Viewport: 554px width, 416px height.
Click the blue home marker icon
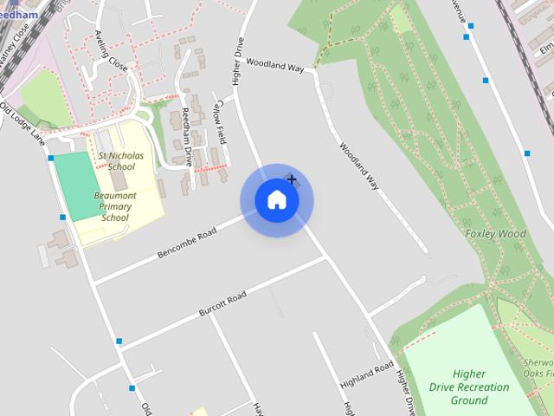[x=276, y=200]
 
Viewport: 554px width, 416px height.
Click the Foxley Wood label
[x=495, y=234]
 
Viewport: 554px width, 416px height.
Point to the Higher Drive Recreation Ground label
[x=469, y=387]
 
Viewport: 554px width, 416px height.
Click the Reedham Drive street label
[x=187, y=138]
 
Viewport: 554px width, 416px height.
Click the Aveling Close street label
[x=111, y=53]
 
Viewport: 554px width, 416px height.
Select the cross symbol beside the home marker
[x=292, y=179]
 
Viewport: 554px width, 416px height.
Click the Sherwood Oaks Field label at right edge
[x=538, y=367]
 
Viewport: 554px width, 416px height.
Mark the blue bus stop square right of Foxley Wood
[x=526, y=153]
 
